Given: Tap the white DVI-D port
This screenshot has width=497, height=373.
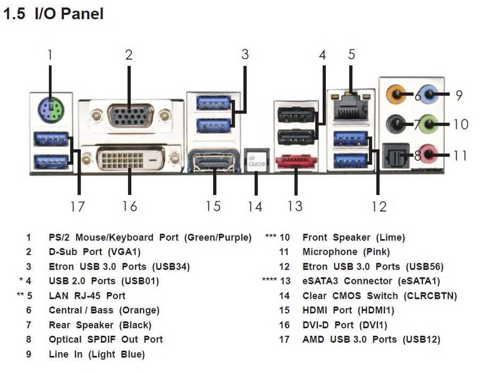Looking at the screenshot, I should click(130, 158).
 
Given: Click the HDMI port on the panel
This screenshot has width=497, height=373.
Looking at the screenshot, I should click(214, 161).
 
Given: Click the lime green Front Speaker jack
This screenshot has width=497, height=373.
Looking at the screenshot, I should click(430, 126).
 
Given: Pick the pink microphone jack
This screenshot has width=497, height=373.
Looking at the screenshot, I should click(430, 156).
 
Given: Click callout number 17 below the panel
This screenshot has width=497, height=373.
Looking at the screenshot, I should click(77, 206).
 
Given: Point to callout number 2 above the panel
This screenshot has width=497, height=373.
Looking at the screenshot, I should click(129, 54).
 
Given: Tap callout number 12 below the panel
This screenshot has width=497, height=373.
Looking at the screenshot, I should click(379, 206).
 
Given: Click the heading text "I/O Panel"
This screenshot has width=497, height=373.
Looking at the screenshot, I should click(69, 14).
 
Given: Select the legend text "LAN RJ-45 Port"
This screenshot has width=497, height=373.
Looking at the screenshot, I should click(87, 295).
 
